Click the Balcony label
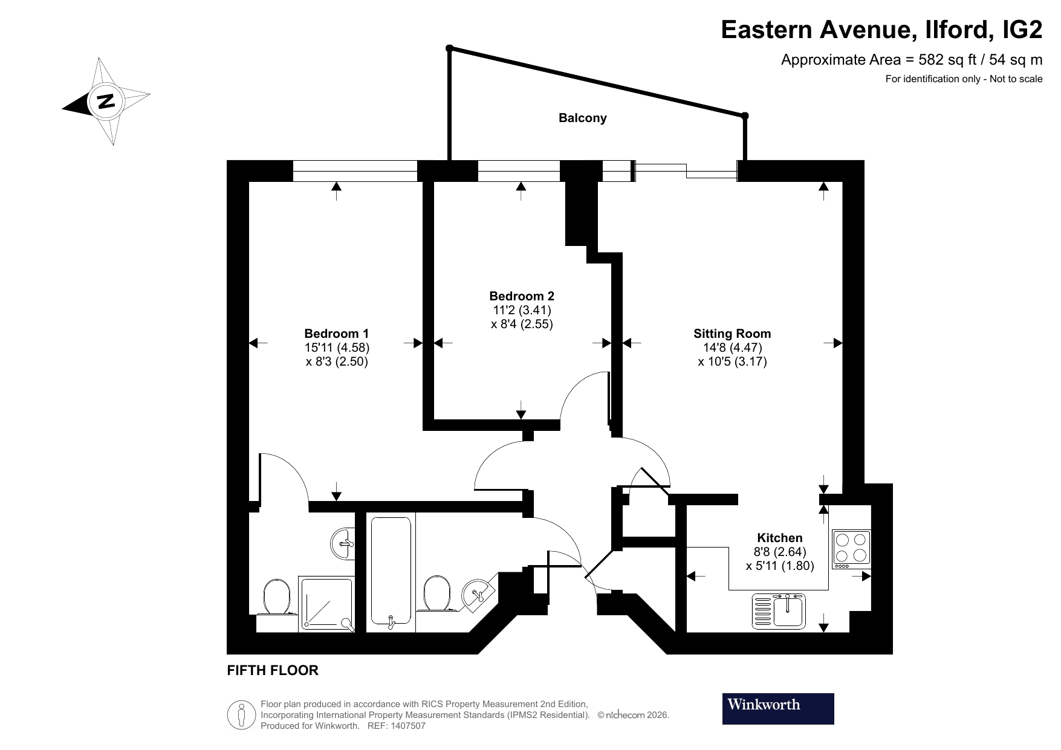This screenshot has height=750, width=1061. point(582,118)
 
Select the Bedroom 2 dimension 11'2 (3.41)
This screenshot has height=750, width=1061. point(522,310)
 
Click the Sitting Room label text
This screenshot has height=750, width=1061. point(732,334)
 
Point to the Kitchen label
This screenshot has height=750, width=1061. point(780,538)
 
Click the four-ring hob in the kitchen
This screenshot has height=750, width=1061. point(851,549)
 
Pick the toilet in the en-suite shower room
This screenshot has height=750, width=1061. point(277,598)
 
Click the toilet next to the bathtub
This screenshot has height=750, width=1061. point(437,593)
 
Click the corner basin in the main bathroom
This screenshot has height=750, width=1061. point(478,592)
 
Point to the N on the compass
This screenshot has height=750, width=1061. point(106,101)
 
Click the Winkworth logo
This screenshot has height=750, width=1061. point(777,708)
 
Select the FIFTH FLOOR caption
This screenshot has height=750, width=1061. point(272,670)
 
